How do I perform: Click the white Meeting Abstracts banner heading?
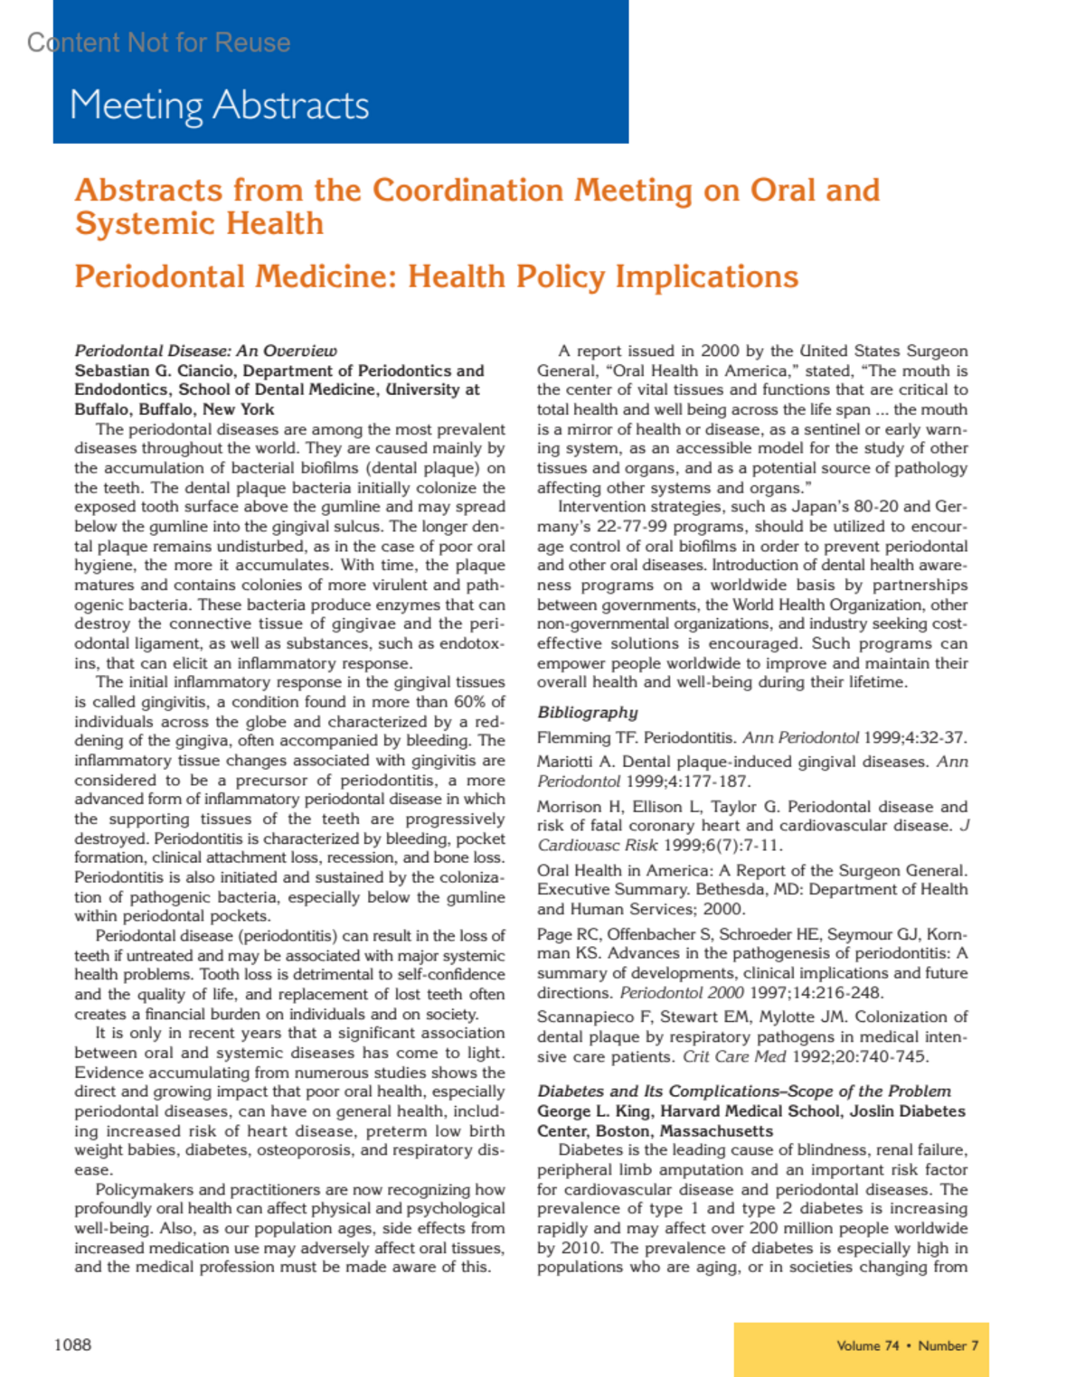click(219, 106)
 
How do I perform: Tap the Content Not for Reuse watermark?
click(159, 42)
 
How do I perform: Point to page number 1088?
click(72, 1344)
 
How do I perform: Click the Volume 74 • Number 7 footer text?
click(907, 1345)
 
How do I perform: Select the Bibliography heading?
click(588, 712)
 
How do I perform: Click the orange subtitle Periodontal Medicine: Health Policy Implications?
click(436, 276)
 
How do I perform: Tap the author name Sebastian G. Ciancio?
click(154, 370)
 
